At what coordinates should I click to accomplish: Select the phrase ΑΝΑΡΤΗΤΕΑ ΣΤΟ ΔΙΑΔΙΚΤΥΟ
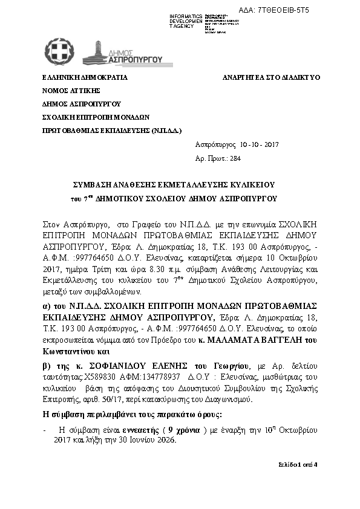click(x=272, y=78)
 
